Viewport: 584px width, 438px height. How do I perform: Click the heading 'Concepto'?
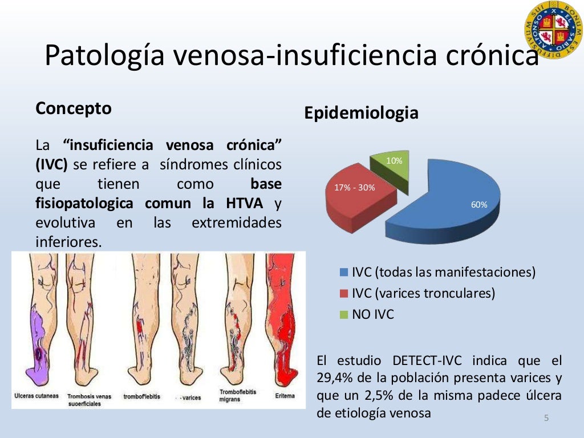coord(74,108)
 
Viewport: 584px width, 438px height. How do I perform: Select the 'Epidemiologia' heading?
coord(361,113)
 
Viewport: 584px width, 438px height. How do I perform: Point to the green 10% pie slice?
coord(392,168)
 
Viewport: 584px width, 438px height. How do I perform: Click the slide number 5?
coord(546,419)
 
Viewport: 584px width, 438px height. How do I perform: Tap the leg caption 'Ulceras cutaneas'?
coord(35,396)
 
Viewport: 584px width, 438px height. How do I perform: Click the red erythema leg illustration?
coord(283,319)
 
